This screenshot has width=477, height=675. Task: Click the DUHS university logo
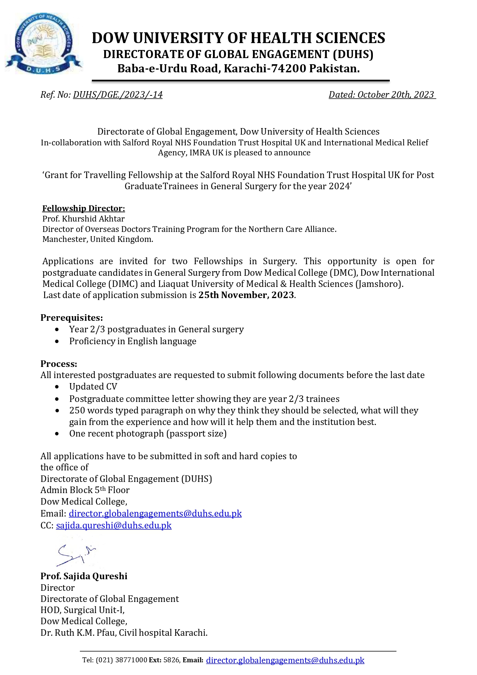tap(43, 43)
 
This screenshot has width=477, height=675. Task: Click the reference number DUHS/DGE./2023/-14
tap(118, 95)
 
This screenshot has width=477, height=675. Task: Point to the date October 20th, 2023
tap(396, 95)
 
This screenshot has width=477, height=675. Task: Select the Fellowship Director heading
tap(83, 208)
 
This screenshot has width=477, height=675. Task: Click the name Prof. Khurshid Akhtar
tap(83, 219)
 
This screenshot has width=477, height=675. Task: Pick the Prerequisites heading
tap(71, 318)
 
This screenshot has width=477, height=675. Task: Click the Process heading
tap(59, 364)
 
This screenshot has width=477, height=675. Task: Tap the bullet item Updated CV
tap(93, 387)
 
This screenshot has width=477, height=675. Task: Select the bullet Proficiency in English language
tap(133, 341)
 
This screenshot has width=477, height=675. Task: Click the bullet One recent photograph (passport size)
tap(148, 433)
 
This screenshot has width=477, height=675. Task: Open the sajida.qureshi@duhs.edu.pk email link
tap(114, 525)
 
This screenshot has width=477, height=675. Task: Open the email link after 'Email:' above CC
tap(155, 513)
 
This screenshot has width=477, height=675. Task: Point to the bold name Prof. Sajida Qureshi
tap(84, 576)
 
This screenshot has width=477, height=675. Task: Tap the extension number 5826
tap(171, 660)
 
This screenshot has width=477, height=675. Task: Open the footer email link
tap(285, 660)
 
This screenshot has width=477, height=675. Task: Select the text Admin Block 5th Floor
tap(85, 490)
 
